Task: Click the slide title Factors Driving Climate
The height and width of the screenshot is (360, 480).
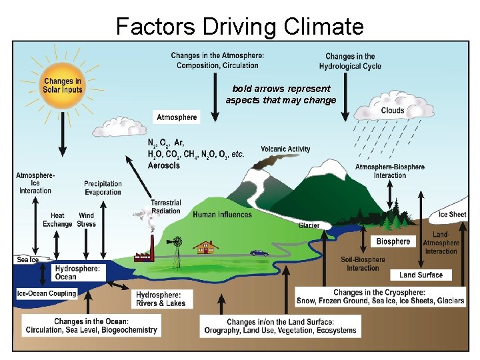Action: coord(240,27)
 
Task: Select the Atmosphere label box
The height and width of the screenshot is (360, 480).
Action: coord(177,117)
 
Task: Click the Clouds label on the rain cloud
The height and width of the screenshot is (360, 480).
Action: coord(393,111)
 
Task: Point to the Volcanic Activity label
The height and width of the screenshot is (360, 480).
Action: coord(285,149)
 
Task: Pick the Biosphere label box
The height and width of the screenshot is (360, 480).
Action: coord(393,241)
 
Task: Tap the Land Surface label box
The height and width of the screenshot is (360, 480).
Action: coord(421,275)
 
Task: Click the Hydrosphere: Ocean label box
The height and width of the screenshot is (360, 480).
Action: coord(77,273)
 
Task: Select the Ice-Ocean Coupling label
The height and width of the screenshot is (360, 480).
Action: coord(47,293)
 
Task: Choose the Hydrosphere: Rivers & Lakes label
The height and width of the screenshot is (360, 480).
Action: coord(161,299)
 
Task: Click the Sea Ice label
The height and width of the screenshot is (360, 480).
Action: coord(27,259)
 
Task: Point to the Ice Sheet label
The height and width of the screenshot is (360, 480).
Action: coord(453,215)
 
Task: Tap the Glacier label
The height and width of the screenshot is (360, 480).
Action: coord(309,225)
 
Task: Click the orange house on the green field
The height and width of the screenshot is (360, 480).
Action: coord(206,248)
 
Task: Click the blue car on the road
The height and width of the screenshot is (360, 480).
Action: coord(259,253)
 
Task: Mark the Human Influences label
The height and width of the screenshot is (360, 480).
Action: coord(223,215)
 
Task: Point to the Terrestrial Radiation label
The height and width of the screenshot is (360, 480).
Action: coord(166,207)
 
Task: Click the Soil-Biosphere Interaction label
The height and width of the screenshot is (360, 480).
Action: coord(363,264)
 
